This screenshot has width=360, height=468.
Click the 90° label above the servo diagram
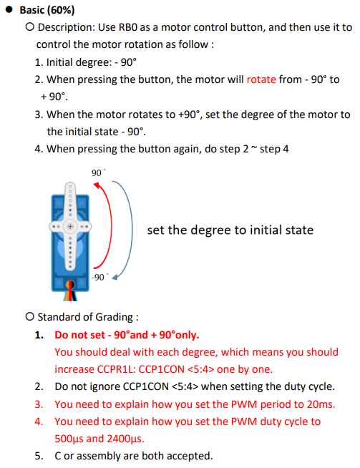click(x=97, y=173)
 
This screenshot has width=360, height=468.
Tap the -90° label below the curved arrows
click(x=100, y=276)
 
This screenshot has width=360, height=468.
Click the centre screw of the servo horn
click(x=71, y=225)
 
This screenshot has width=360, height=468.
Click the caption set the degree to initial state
click(x=230, y=230)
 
